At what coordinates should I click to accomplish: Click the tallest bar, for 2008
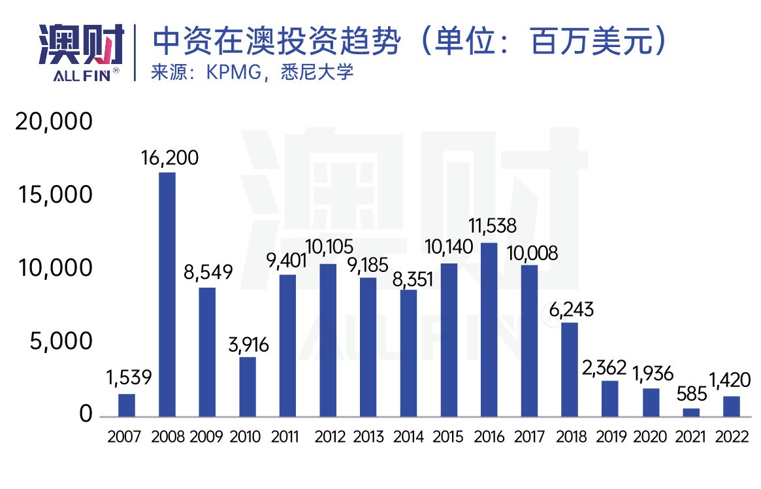tap(167, 294)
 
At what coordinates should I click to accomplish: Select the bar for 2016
tap(489, 329)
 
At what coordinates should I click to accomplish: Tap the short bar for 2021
tap(691, 413)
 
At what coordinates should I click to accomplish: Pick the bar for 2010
tap(248, 386)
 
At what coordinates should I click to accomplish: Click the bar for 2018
tap(570, 369)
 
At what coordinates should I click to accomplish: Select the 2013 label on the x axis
tap(369, 437)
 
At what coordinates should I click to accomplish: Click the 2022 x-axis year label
tap(732, 437)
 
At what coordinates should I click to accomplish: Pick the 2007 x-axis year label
tap(125, 437)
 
